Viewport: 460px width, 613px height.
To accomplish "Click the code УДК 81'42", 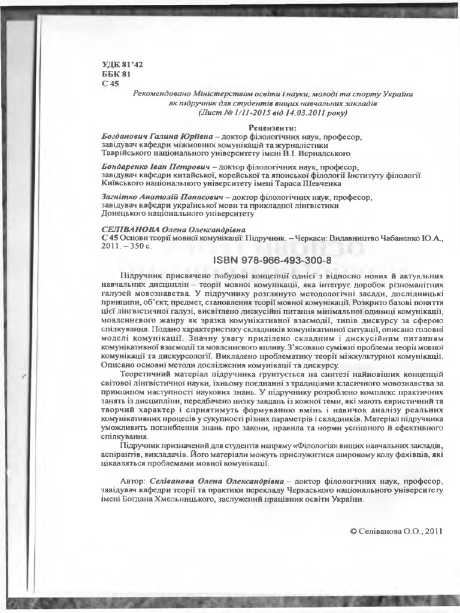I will click(123, 65).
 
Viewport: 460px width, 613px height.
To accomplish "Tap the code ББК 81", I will click(116, 74).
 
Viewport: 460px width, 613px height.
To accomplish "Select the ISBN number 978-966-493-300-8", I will click(271, 261).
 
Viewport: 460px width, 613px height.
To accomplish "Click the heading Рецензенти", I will click(273, 128).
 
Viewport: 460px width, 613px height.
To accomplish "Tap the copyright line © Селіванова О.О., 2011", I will click(395, 531).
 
